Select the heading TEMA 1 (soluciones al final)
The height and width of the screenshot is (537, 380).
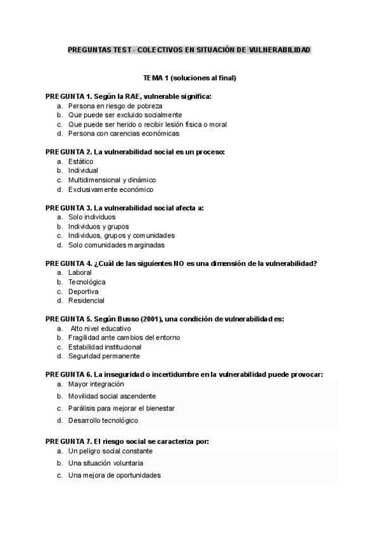coord(189,78)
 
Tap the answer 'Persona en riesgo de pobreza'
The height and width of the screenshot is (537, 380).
coord(115,106)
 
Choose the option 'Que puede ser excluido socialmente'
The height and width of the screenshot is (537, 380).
coord(125,115)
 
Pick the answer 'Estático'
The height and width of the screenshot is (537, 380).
coord(80,161)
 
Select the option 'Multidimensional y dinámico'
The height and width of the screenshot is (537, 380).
coord(112,180)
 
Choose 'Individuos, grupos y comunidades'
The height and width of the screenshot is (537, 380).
coord(121,236)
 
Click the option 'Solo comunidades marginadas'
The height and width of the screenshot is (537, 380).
coord(116,245)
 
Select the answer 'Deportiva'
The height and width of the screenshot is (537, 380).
coord(83,291)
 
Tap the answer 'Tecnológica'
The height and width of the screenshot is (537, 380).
coord(87,282)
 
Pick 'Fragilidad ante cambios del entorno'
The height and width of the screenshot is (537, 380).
coord(123,338)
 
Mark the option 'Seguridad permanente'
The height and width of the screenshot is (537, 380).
coord(104,357)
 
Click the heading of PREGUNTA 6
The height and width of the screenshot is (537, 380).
coord(184,375)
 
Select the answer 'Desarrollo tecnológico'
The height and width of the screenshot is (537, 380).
coord(103,420)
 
